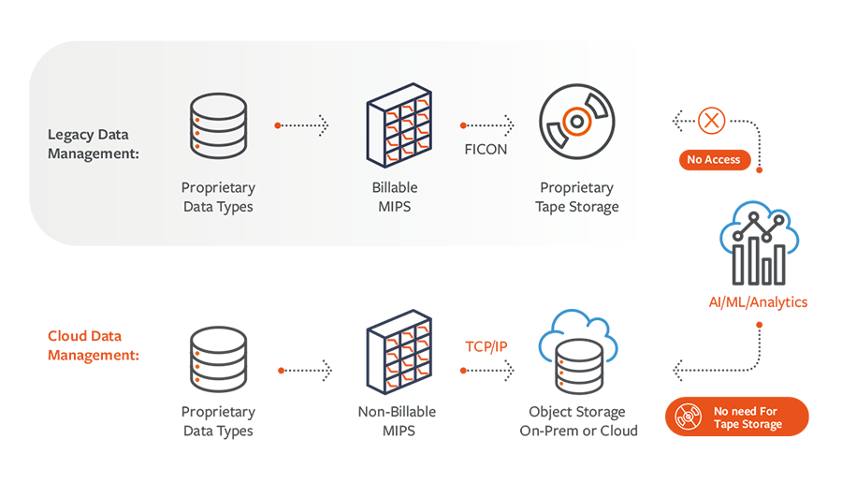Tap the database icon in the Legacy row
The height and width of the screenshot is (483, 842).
click(x=218, y=124)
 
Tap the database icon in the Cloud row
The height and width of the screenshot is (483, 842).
click(x=218, y=359)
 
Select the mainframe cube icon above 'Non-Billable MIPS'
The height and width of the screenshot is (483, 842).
click(x=397, y=357)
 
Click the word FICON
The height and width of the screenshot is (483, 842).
click(x=486, y=149)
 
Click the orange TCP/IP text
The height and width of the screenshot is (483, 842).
click(x=486, y=346)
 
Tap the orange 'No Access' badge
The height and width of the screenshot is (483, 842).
click(x=713, y=160)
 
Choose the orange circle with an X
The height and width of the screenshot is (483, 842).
click(x=713, y=121)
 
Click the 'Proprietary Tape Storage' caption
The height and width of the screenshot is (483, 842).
click(x=576, y=198)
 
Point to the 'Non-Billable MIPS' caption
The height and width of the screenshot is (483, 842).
click(x=397, y=421)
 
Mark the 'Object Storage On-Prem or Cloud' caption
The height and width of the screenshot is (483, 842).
click(x=578, y=421)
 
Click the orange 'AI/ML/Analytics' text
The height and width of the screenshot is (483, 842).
click(x=757, y=301)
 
